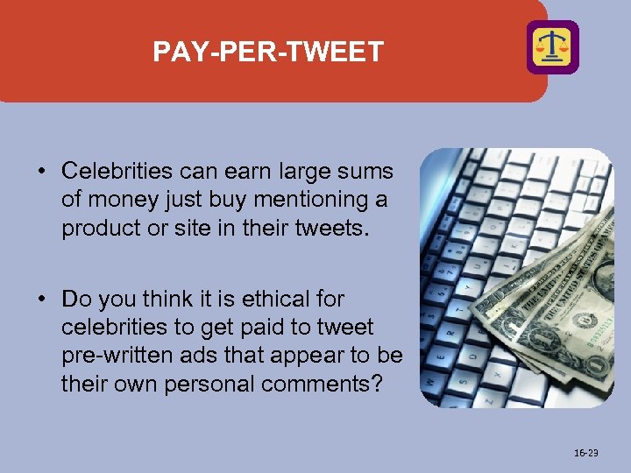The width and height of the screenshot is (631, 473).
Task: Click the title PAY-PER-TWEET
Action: [x=268, y=53]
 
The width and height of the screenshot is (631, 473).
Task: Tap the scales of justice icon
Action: [x=552, y=47]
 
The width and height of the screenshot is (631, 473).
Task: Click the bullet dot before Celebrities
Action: [x=41, y=171]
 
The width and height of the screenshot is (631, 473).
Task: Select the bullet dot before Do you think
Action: [x=41, y=300]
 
